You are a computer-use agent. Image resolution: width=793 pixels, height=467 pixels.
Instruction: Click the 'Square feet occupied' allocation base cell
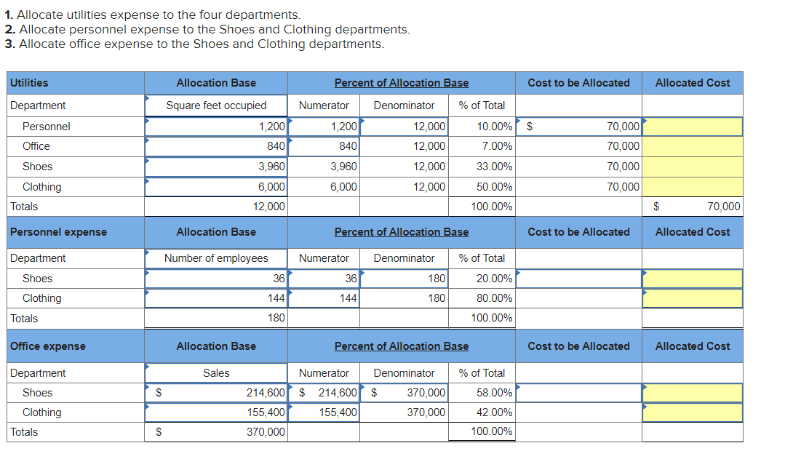tap(216, 105)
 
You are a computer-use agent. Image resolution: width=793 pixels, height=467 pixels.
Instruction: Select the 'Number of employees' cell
tap(216, 258)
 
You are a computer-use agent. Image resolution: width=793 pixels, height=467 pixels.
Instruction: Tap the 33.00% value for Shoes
tap(494, 167)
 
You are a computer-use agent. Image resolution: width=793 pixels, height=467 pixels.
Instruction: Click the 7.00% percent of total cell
tap(497, 146)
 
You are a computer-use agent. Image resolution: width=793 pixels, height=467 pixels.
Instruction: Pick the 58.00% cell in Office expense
tap(494, 393)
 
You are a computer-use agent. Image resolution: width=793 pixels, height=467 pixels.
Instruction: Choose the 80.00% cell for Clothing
tap(494, 298)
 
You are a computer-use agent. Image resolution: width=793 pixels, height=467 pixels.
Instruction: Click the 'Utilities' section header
tap(30, 83)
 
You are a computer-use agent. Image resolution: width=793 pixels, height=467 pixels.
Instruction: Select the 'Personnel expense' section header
tap(58, 232)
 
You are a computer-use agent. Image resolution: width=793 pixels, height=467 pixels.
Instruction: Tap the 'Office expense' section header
tap(48, 346)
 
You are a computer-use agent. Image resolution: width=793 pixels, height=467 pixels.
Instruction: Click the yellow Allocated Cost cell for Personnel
tap(692, 127)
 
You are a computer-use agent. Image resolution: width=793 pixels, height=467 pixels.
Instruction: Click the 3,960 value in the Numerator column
tap(343, 167)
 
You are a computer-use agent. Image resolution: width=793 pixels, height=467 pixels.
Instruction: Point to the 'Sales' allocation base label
tap(216, 373)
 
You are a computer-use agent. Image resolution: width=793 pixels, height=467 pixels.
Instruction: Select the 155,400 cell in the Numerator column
tap(338, 412)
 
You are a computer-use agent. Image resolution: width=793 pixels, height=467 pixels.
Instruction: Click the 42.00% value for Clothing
tap(494, 412)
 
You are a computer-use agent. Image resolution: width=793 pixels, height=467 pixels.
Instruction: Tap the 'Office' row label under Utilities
tap(36, 146)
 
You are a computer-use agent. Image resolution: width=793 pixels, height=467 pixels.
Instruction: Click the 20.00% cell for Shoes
tap(494, 279)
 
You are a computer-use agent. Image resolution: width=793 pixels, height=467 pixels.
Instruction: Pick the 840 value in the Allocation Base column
tap(276, 146)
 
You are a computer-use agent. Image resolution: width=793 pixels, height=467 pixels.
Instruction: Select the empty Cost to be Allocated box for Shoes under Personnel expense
tap(578, 279)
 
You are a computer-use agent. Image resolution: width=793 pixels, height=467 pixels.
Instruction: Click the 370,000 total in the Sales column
tap(266, 432)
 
